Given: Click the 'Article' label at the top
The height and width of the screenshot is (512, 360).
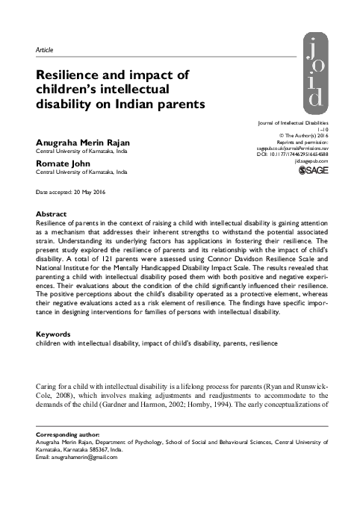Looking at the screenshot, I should pos(45,50).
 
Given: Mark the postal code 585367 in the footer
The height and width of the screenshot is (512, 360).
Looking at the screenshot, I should pos(124,489).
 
